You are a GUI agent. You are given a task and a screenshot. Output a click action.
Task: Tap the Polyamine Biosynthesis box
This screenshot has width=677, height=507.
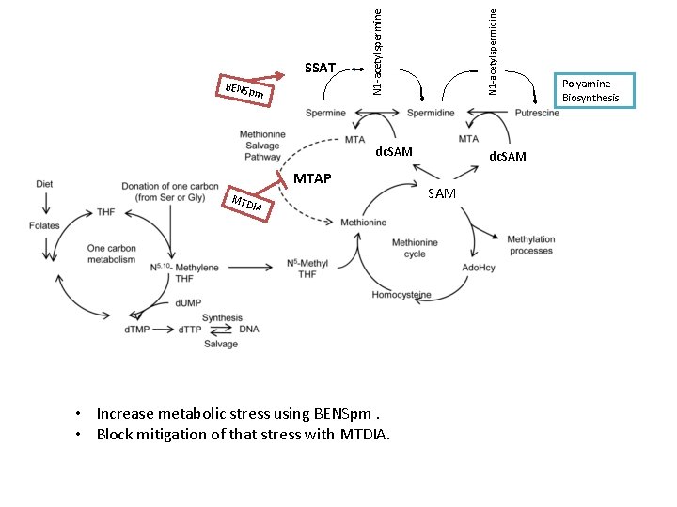(593, 90)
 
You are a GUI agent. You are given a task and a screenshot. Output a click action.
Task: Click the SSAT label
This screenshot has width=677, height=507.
(320, 68)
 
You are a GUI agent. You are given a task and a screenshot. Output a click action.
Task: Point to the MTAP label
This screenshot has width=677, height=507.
(312, 178)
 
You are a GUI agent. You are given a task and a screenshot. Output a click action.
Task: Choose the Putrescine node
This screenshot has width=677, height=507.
(537, 114)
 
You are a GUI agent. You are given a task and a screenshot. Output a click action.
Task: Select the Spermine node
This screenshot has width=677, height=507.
(325, 114)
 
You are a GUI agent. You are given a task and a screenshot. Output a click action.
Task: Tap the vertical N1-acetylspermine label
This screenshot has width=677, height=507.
(376, 50)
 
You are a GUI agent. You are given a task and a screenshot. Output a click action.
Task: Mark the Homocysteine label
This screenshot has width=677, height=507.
(401, 295)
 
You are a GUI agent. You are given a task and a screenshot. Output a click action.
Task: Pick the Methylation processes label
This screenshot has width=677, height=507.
(531, 245)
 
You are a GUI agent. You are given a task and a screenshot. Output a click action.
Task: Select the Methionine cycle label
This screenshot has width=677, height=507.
(415, 248)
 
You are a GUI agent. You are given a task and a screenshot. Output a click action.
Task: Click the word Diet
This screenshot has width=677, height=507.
(44, 184)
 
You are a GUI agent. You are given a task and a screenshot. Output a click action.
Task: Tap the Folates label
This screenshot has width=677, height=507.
(44, 226)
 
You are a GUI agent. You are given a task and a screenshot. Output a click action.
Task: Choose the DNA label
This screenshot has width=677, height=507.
(248, 330)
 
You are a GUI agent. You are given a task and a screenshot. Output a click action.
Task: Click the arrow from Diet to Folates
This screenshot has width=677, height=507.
(44, 205)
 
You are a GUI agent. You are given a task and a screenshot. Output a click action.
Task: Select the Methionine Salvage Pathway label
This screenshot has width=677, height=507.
(262, 146)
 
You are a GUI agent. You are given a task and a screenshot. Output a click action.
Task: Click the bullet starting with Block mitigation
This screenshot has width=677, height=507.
(243, 434)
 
